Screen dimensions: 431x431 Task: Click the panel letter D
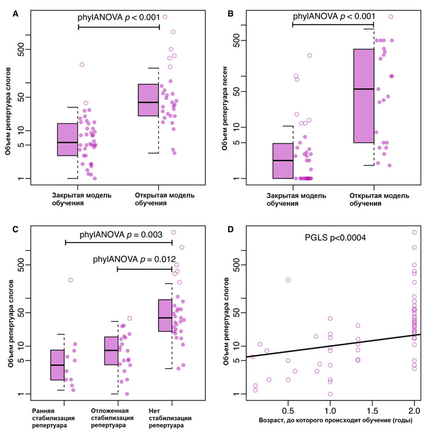click(x=231, y=230)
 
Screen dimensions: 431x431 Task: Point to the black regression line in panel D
click(x=331, y=346)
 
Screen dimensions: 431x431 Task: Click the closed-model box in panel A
click(x=67, y=139)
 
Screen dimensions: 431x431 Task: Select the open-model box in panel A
click(x=148, y=100)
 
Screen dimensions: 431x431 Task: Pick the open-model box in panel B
click(x=364, y=96)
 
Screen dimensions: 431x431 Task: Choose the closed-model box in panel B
click(x=283, y=161)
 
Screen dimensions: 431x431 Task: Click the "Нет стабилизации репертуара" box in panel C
click(x=165, y=315)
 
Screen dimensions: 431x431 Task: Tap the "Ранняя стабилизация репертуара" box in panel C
click(x=57, y=365)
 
